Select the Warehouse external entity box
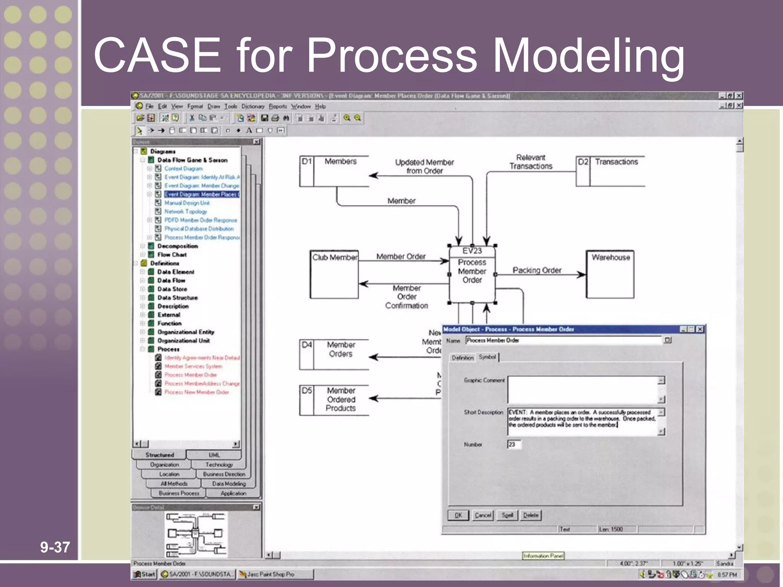[610, 274]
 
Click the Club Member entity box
[334, 274]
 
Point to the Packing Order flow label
[537, 270]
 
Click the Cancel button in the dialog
[482, 515]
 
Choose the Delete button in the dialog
[530, 515]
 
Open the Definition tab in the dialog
[462, 358]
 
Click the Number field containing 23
[514, 444]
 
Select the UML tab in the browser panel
[214, 455]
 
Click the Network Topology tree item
[185, 211]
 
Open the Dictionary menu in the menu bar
[253, 106]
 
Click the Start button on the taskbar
[145, 574]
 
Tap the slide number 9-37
[55, 547]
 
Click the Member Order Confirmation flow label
[406, 297]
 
